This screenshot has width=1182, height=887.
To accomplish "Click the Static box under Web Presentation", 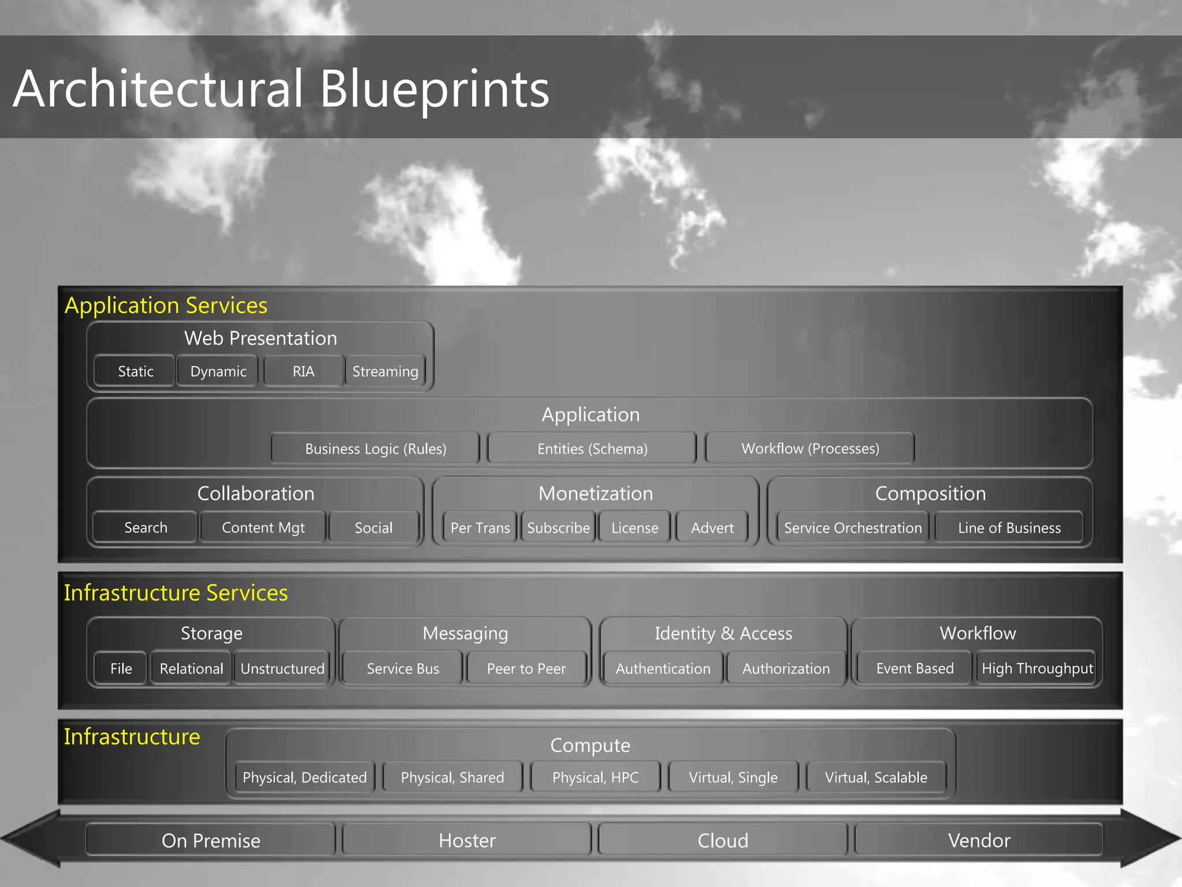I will click(x=135, y=371).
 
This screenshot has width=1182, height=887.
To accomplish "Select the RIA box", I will click(x=303, y=371).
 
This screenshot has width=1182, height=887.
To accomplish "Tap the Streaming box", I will click(x=385, y=371).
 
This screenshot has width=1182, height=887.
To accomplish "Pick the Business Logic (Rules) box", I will click(x=375, y=449).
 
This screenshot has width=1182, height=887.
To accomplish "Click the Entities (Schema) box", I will click(x=592, y=449).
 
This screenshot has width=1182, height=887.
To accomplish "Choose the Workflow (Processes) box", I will click(x=810, y=449).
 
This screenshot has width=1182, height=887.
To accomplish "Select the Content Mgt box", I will click(x=263, y=527).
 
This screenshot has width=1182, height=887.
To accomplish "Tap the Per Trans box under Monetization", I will click(x=480, y=527).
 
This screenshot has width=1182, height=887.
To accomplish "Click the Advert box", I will click(x=712, y=527).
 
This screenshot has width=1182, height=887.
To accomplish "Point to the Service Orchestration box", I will click(x=852, y=527).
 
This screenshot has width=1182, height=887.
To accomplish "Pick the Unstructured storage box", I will click(x=282, y=668).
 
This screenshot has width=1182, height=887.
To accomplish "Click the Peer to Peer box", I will click(x=526, y=668).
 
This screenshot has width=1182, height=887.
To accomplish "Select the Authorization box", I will click(x=785, y=668).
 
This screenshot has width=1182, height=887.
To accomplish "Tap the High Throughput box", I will click(x=1037, y=668).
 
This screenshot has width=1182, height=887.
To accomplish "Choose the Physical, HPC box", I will click(x=595, y=777).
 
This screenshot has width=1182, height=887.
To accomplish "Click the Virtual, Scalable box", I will click(x=876, y=777).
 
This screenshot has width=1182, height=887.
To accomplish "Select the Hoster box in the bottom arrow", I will click(x=467, y=840).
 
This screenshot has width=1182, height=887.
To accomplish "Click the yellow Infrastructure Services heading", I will click(x=175, y=592).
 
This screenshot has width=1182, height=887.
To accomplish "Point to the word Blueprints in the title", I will click(x=434, y=89).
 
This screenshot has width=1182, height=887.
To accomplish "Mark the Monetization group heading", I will click(x=596, y=493).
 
